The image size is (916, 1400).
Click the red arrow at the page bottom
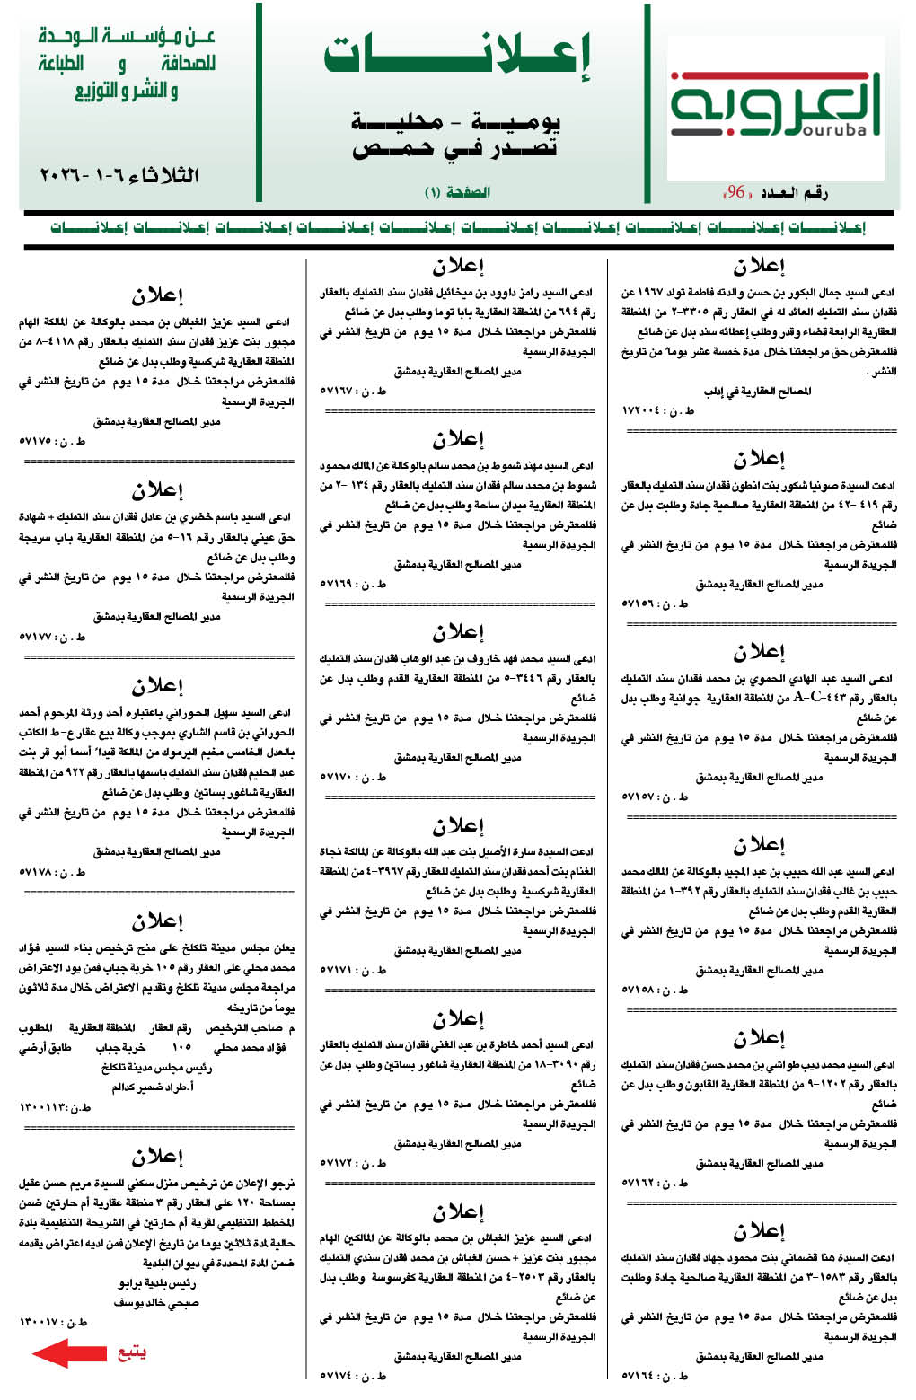tap(69, 1352)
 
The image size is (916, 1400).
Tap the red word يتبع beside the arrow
tap(132, 1352)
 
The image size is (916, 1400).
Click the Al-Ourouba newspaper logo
tap(775, 107)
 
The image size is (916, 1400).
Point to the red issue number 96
tap(736, 192)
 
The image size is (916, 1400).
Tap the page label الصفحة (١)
tap(457, 192)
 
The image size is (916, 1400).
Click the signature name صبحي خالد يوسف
tap(156, 1302)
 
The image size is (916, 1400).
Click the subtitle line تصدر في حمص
tap(455, 149)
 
